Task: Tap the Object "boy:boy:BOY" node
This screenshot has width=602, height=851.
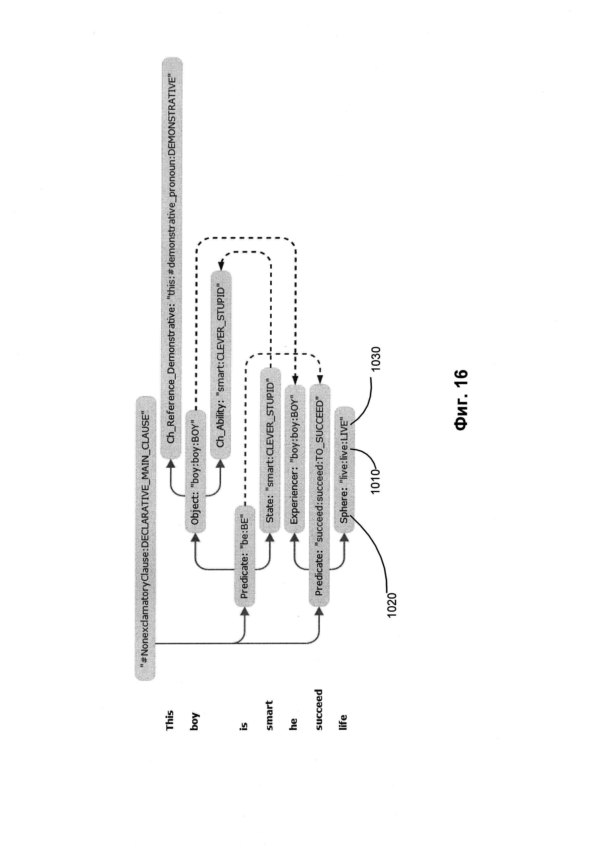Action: (195, 471)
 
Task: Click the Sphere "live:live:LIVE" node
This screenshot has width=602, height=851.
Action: (344, 470)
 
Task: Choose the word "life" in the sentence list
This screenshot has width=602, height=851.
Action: (344, 722)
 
